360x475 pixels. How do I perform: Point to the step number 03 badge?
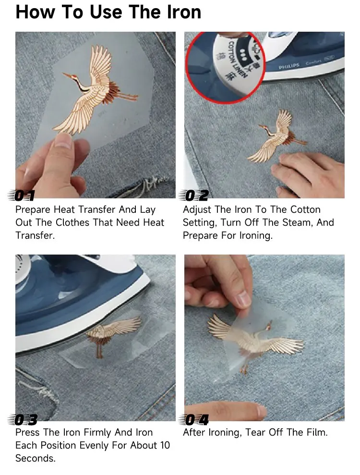23,420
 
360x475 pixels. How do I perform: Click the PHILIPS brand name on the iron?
289,66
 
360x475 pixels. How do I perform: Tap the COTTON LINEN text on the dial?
237,60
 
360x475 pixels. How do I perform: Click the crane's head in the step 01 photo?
72,75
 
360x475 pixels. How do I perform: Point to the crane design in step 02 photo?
277,136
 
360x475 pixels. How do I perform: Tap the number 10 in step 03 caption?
165,445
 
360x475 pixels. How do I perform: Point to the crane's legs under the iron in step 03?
100,348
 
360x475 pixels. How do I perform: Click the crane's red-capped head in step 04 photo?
268,326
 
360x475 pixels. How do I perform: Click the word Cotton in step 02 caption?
305,209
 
